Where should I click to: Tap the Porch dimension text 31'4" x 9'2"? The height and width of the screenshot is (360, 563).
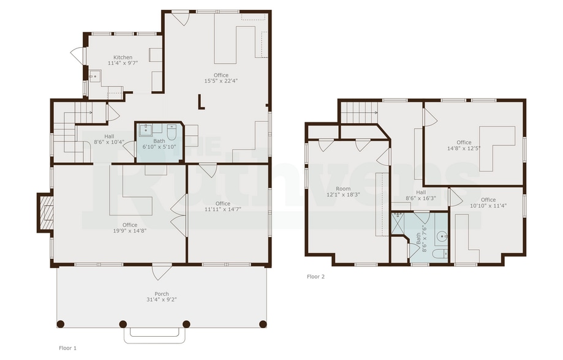(162, 300)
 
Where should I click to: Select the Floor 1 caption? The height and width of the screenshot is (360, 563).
(67, 348)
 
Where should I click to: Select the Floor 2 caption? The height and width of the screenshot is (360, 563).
(316, 277)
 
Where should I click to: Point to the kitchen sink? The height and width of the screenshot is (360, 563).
(95, 77)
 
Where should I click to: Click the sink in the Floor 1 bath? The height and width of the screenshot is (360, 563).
(146, 130)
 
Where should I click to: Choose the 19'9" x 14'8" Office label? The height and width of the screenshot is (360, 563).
(130, 228)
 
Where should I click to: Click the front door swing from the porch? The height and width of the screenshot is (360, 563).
(162, 271)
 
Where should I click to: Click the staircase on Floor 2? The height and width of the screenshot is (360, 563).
(358, 112)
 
